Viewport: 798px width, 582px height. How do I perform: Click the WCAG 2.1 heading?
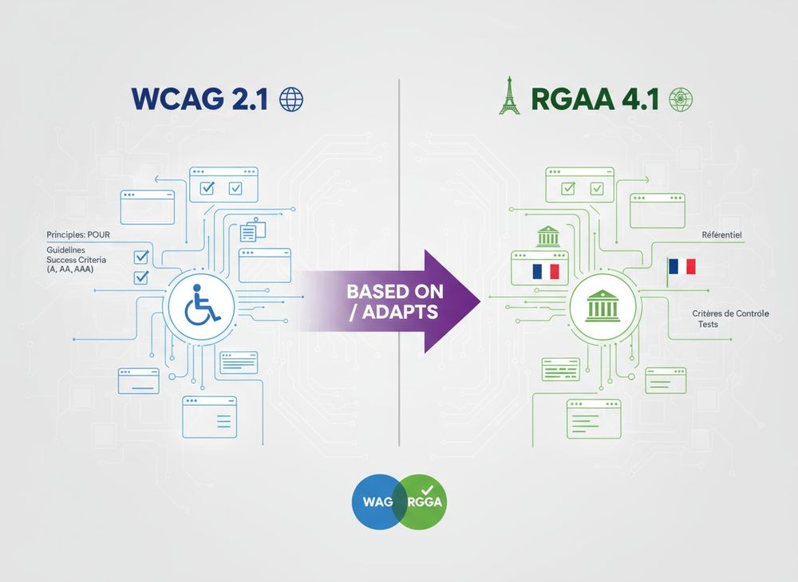pos(199,99)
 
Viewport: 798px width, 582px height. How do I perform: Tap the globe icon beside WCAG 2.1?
pos(291,99)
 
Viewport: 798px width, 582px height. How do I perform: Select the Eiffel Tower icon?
pos(509,95)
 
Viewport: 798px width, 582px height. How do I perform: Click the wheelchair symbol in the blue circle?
pos(202,305)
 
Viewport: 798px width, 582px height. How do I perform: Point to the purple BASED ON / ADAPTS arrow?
pos(389,301)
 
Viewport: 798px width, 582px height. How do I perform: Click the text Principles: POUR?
pos(78,235)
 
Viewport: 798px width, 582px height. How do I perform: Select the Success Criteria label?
pos(77,260)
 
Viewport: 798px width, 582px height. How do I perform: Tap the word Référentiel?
pos(721,235)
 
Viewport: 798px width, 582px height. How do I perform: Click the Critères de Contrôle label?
pos(730,313)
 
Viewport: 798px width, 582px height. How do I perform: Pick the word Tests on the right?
pos(708,324)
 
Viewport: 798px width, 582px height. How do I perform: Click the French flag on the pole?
pos(682,266)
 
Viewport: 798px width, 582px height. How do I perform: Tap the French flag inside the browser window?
pos(546,271)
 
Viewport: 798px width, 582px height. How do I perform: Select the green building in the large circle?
pos(602,305)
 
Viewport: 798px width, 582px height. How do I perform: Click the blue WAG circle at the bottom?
pos(377,501)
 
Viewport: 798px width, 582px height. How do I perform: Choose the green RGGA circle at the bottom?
pos(424,501)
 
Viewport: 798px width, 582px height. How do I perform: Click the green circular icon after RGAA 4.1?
pos(681,99)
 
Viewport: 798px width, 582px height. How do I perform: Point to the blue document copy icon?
pos(253,230)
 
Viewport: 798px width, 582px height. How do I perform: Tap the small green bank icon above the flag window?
pos(547,236)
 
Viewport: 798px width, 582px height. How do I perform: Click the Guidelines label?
pos(65,250)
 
